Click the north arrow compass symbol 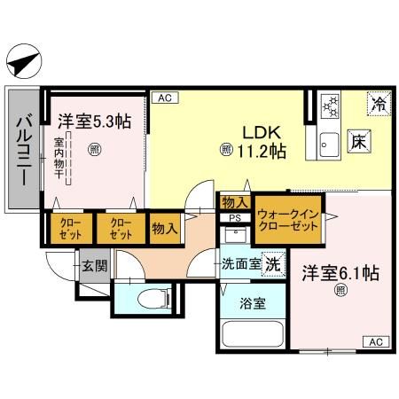tap(23, 63)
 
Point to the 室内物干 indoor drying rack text tap(59, 159)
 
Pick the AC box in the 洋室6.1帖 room tap(375, 341)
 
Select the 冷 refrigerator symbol tap(378, 104)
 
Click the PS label tap(235, 217)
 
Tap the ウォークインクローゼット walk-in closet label tap(287, 221)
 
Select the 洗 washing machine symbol tap(274, 263)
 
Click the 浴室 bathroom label tap(251, 301)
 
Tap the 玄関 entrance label tap(93, 264)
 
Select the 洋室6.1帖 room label tap(340, 273)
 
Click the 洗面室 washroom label tap(241, 263)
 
